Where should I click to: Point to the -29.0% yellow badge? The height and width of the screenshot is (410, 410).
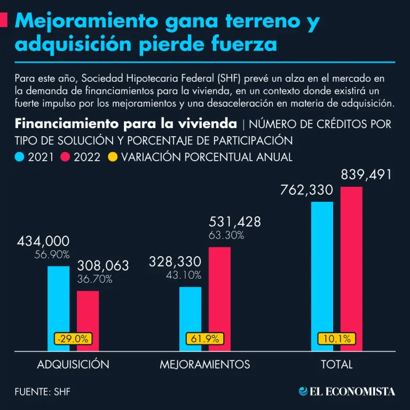coord(73,338)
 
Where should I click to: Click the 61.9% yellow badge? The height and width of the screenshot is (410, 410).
coord(205,338)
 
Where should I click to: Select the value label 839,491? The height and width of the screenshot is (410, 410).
coord(366,175)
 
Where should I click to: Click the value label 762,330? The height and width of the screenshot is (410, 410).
coord(306,190)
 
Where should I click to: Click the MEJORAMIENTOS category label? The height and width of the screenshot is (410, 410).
coord(205,365)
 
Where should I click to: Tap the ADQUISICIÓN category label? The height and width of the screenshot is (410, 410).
coord(73,365)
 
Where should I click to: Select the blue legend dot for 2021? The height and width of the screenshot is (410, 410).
coord(20,157)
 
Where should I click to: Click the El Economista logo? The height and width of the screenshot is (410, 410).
coord(347,391)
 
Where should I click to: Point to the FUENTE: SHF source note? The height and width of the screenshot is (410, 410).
coord(43,392)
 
